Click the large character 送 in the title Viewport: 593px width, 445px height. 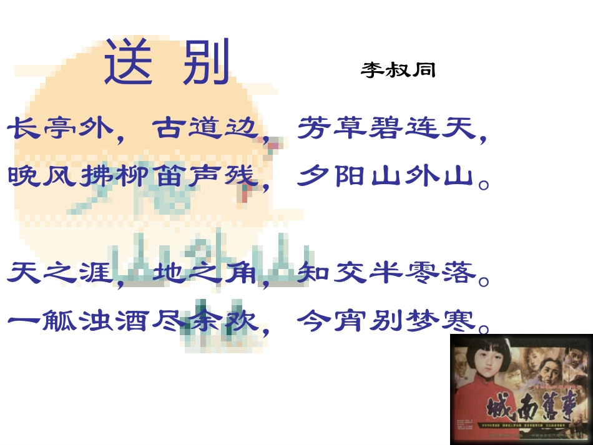click(129, 62)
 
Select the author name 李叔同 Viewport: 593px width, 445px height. click(398, 70)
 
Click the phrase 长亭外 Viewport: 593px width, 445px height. click(61, 129)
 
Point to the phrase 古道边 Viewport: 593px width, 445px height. click(205, 129)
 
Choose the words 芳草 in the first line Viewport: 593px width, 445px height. click(333, 129)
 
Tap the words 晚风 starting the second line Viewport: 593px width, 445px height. click(43, 177)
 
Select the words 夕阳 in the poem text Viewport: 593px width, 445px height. click(333, 177)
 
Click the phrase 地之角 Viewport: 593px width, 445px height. click(205, 273)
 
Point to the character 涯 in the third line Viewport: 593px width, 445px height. click(96, 273)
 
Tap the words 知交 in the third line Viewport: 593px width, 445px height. click(333, 273)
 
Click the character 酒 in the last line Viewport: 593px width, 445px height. click(133, 321)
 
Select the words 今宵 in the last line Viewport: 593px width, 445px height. click(333, 321)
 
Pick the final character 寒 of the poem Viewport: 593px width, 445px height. click(461, 321)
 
